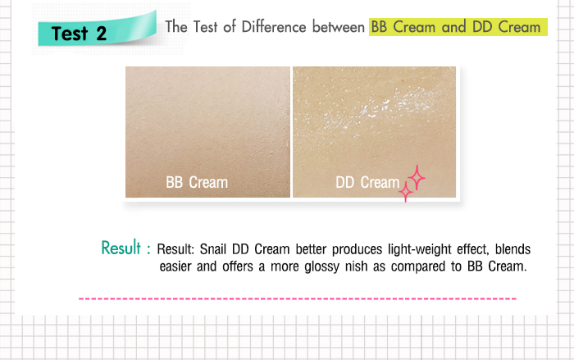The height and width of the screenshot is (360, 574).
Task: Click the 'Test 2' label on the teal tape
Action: pos(79,34)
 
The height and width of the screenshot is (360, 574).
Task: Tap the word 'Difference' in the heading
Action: pos(274,27)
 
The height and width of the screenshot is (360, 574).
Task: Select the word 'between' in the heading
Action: pos(339,27)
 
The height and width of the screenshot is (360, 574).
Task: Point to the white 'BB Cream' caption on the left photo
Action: pos(197,182)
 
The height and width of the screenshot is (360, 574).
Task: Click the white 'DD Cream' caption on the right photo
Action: pos(367,182)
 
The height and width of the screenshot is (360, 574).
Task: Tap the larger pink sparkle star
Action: pos(417,177)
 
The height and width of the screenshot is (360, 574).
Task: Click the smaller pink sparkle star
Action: pos(406,191)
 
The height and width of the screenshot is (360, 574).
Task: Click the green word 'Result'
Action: pos(121,248)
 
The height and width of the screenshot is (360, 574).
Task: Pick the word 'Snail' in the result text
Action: pos(213,249)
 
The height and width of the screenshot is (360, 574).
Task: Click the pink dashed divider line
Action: pos(297,298)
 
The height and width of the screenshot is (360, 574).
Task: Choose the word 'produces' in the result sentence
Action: pos(358,249)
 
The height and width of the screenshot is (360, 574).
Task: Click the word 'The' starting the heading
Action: pos(176,27)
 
